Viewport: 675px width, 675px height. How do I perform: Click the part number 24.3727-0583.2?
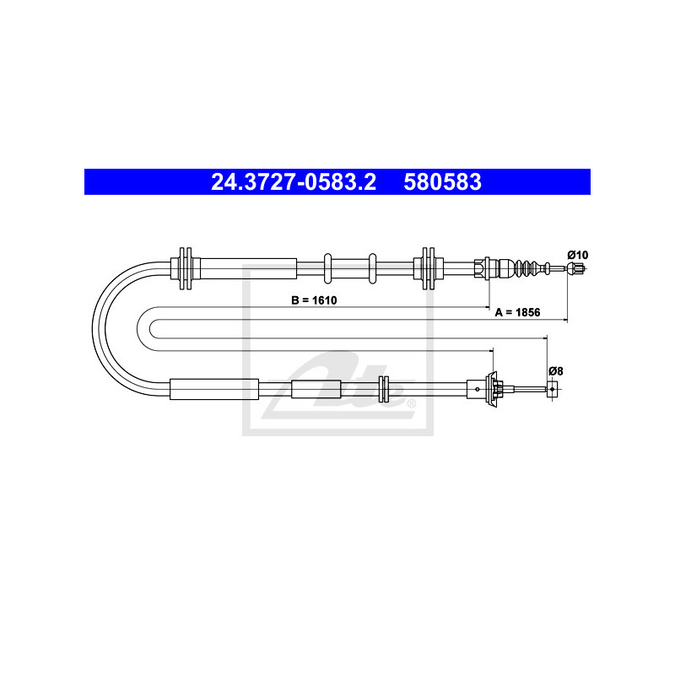coord(294,181)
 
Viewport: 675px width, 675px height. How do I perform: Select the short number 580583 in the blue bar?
coord(442,181)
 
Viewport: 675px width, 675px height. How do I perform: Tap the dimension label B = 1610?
coord(314,300)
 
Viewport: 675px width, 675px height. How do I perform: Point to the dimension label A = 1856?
coord(517,312)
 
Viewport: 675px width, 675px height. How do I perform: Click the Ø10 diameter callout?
coord(578,255)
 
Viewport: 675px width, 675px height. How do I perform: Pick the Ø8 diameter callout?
coord(556,370)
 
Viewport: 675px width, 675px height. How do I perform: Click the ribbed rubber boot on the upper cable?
coord(524,268)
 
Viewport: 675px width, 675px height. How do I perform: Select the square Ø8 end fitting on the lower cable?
coord(553,389)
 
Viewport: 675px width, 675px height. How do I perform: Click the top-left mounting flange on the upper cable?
coord(186,268)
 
